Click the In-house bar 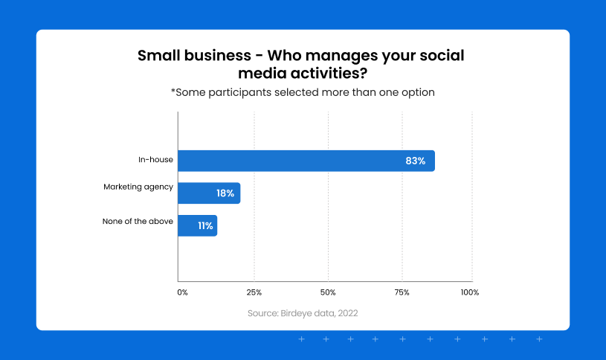point(306,161)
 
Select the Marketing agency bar point(209,193)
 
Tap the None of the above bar point(198,225)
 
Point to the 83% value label point(416,161)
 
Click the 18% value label point(225,193)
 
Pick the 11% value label point(206,226)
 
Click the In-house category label point(155,159)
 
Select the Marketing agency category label point(138,187)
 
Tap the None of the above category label point(138,221)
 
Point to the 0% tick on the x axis point(182,292)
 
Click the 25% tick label point(254,292)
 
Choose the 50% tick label point(328,292)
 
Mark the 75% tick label point(402,292)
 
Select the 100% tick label point(470,292)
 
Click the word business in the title point(218,55)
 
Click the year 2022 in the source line point(348,313)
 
